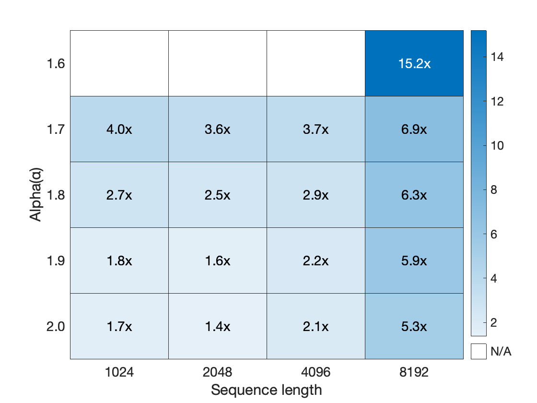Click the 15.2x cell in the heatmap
click(x=414, y=64)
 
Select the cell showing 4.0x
click(x=119, y=130)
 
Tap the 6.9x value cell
click(x=414, y=130)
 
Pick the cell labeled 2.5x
click(x=218, y=195)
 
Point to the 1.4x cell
click(x=218, y=327)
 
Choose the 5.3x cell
click(x=414, y=327)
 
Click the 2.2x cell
click(x=316, y=261)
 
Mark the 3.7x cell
click(x=316, y=130)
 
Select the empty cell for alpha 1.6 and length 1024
click(x=119, y=64)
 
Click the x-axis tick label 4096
click(x=316, y=372)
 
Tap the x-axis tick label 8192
click(x=414, y=372)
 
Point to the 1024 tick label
click(x=119, y=372)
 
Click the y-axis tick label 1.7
click(x=56, y=130)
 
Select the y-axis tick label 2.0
click(x=56, y=327)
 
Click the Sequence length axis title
click(x=267, y=390)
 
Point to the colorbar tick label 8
click(x=494, y=190)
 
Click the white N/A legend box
click(x=479, y=351)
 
